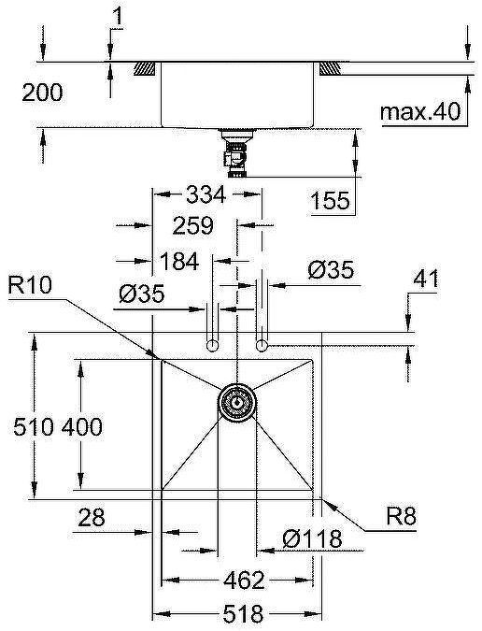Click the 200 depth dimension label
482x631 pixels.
[x=42, y=93]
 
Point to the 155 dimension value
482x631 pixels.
[x=331, y=200]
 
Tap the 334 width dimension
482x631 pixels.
[x=206, y=194]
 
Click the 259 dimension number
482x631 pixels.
[x=194, y=225]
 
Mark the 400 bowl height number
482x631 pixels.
[x=81, y=426]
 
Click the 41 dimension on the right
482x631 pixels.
[x=425, y=277]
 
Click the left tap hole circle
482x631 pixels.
[x=213, y=347]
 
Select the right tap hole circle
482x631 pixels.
[x=262, y=347]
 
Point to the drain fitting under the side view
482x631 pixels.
[x=235, y=151]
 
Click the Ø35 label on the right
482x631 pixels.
[x=330, y=270]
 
